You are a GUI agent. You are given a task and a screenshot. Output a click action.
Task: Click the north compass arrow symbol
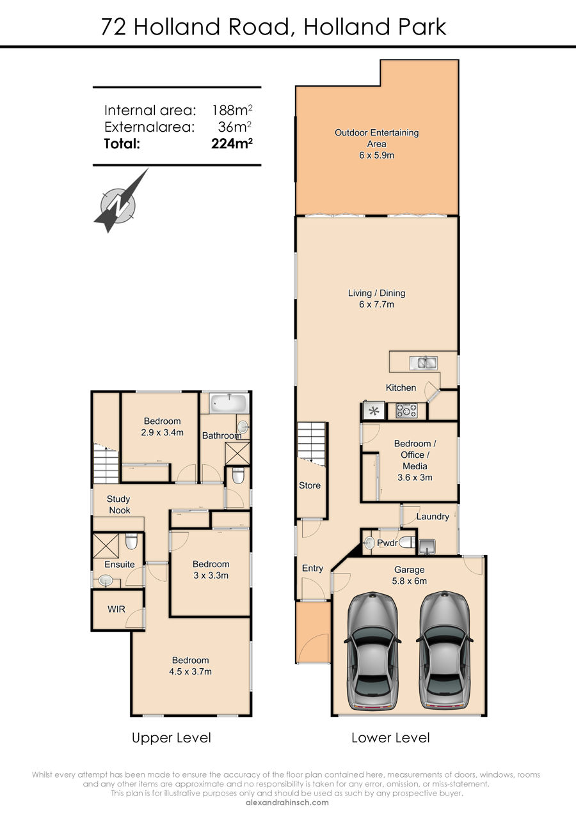118,203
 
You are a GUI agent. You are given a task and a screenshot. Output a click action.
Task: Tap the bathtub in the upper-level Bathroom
229,402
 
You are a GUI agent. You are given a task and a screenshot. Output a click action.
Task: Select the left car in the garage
372,651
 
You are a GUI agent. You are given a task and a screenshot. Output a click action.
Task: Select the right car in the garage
444,651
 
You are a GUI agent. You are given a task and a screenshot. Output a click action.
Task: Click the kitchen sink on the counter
423,363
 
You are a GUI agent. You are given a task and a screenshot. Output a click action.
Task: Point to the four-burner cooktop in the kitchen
406,411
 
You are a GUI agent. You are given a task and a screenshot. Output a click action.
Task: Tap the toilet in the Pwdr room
407,542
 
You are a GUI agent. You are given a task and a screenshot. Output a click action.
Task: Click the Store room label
310,485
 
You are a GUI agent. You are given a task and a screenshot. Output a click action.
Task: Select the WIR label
116,609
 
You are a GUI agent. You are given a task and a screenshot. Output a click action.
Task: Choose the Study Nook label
118,505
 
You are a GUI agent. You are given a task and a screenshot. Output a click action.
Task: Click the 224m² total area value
232,143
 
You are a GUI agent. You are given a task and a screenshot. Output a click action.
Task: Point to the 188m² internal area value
232,110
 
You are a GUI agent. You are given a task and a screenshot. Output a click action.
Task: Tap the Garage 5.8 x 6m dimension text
409,581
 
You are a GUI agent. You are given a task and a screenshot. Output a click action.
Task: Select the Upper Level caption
172,737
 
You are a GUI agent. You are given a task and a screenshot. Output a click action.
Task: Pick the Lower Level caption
390,737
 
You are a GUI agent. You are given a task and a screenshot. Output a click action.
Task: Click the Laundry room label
433,517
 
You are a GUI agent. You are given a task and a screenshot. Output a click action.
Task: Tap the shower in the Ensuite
106,546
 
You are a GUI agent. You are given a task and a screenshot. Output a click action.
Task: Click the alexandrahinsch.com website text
287,802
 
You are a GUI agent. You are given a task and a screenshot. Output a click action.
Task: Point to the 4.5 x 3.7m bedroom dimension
190,671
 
